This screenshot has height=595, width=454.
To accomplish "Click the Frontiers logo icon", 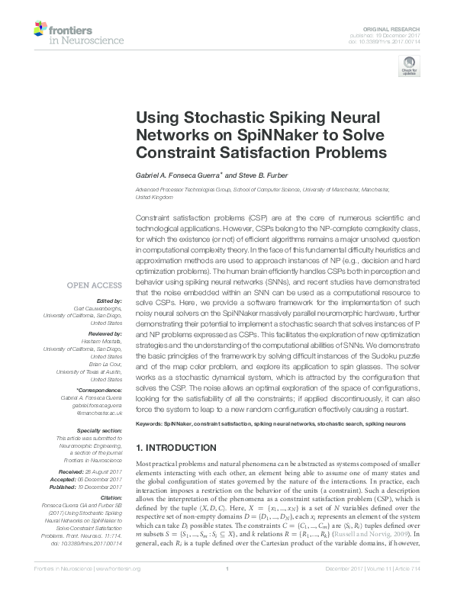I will pyautogui.click(x=40, y=30).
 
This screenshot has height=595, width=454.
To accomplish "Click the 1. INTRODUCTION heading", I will pyautogui.click(x=177, y=448).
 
